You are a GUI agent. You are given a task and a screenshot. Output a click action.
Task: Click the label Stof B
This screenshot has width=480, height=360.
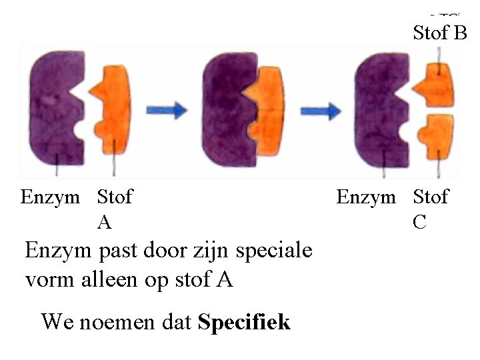pos(440,32)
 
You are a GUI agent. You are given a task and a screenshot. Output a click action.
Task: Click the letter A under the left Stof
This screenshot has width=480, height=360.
pos(105,222)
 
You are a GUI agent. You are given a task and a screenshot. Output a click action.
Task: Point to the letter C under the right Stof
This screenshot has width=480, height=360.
pos(419,222)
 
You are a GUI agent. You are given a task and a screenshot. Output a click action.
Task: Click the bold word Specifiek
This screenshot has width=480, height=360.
pos(245,322)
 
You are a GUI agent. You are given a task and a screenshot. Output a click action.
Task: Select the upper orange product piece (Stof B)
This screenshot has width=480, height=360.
pos(433,80)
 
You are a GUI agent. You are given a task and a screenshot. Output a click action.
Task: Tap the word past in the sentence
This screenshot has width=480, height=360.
pos(113,252)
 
